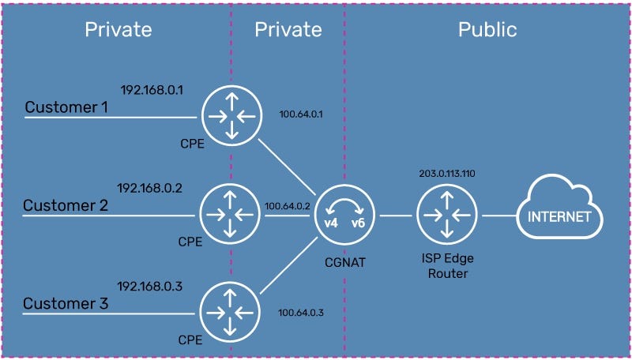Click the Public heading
(487, 30)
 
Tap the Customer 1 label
(66, 107)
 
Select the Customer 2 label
(66, 206)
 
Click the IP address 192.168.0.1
(152, 90)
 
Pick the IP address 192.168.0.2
(150, 189)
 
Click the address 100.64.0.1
(302, 114)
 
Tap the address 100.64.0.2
(285, 206)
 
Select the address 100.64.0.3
(301, 313)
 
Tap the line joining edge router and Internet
(497, 214)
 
